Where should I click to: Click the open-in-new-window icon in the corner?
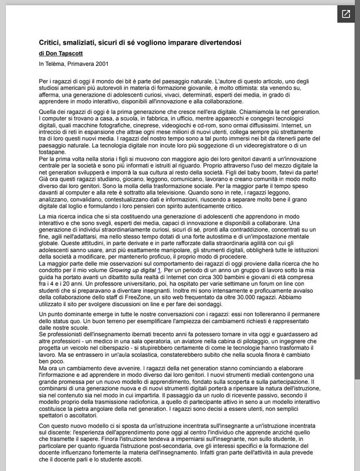point(344,15)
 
